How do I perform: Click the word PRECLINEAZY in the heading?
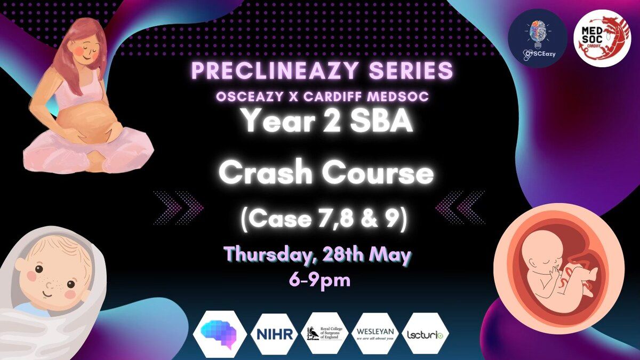[275, 70]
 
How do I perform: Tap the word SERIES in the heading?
[411, 70]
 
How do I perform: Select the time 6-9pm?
[319, 281]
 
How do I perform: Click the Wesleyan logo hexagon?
[375, 334]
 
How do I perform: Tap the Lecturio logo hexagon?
[425, 334]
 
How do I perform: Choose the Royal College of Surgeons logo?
[325, 334]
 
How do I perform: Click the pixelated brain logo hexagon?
[220, 334]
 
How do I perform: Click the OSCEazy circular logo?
[538, 38]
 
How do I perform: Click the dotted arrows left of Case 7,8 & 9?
[178, 207]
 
